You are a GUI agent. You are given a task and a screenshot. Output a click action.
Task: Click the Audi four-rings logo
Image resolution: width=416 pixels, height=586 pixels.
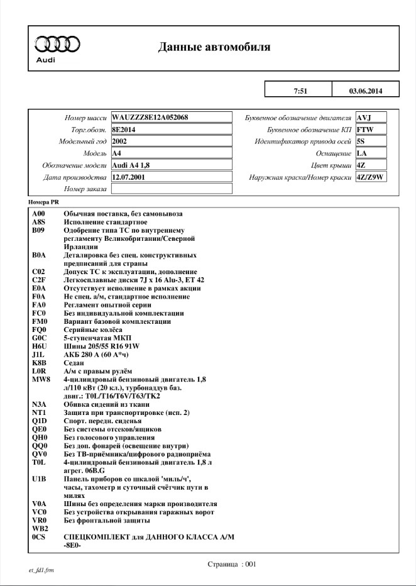[x=57, y=43]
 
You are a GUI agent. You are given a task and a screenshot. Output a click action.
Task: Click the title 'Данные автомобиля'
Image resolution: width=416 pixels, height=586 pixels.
[x=214, y=47]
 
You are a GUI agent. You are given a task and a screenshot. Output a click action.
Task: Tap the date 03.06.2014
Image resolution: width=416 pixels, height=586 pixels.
[x=365, y=91]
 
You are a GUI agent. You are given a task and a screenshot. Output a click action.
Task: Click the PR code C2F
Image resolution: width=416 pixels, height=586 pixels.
[x=39, y=280]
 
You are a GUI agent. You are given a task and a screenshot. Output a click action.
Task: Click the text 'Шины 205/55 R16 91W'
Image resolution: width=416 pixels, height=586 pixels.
[x=101, y=346]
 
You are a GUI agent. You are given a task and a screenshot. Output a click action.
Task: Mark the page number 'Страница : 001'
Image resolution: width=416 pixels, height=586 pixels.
[x=232, y=564]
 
